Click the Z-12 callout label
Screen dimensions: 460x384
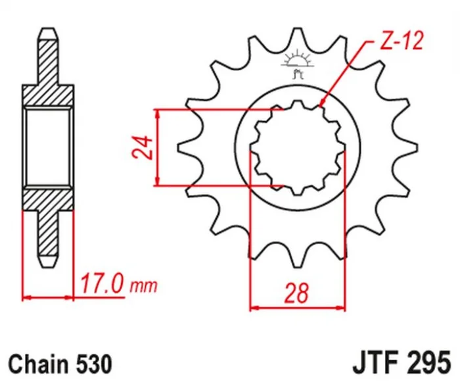point(402,41)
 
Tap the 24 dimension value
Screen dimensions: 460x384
point(143,147)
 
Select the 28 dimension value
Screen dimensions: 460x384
point(296,293)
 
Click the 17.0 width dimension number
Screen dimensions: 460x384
point(101,283)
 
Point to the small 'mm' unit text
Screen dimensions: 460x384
point(143,286)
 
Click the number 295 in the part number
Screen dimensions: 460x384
point(428,362)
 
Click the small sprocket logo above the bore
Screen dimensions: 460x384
point(297,63)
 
